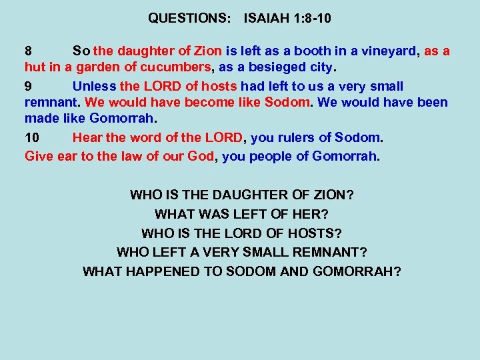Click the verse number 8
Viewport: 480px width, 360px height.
[29, 51]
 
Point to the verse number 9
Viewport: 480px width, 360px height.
[29, 86]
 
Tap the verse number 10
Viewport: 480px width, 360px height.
[32, 138]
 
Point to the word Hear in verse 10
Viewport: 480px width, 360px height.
[87, 138]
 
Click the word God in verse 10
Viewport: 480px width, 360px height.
[204, 156]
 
